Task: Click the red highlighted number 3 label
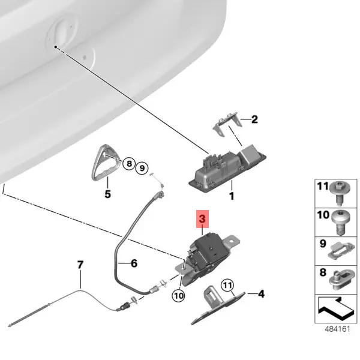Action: (202, 219)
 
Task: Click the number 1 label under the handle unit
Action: (232, 196)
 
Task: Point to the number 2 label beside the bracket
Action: (254, 119)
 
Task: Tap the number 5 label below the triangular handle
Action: (107, 194)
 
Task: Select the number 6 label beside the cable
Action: (134, 263)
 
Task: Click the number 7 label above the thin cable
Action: (80, 265)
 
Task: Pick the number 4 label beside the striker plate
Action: (261, 293)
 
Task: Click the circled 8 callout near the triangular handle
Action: (129, 164)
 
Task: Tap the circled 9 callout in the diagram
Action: (142, 168)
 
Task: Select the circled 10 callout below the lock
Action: (178, 295)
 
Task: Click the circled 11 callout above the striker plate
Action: (227, 286)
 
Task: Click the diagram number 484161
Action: (337, 329)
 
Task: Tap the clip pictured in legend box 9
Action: (341, 252)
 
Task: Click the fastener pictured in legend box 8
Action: (342, 280)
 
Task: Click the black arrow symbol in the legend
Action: (336, 308)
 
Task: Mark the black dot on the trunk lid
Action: (56, 47)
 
